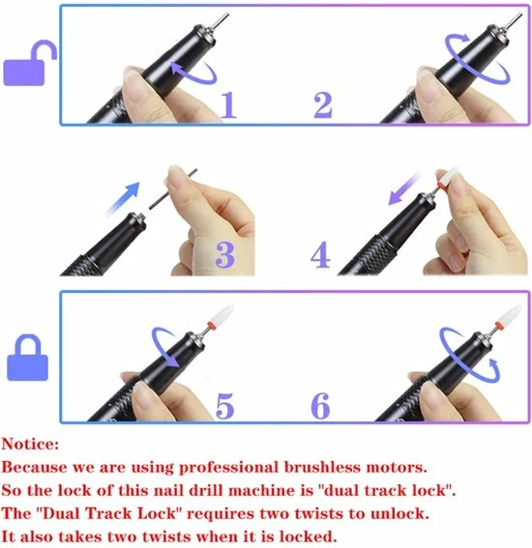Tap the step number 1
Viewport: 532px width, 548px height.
tap(227, 103)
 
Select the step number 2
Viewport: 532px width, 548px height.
tap(323, 103)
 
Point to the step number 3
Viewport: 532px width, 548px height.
tap(224, 254)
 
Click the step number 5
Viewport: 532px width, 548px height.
tap(224, 404)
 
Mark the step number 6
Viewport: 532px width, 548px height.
tap(320, 404)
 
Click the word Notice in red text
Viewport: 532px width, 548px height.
tap(28, 446)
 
